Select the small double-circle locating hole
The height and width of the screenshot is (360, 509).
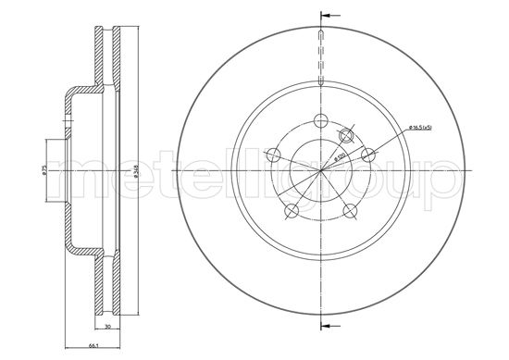pos(346,136)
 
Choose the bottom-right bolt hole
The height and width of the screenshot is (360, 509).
pos(350,211)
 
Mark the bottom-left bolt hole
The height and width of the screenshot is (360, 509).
pos(291,211)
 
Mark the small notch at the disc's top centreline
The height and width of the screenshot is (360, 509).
pos(320,37)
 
